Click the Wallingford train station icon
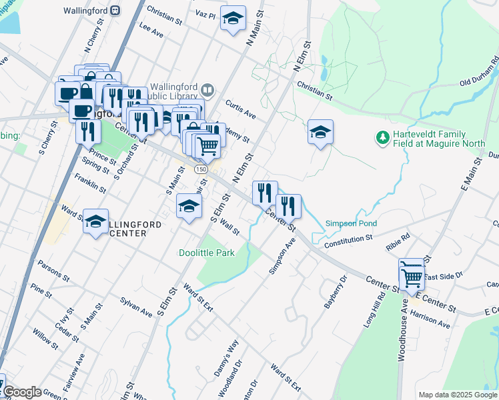pyautogui.click(x=116, y=11)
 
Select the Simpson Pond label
pyautogui.click(x=351, y=223)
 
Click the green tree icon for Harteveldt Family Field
pyautogui.click(x=383, y=137)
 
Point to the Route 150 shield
pyautogui.click(x=201, y=170)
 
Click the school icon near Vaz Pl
pyautogui.click(x=233, y=19)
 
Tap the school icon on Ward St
pyautogui.click(x=96, y=220)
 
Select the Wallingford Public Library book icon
pyautogui.click(x=208, y=89)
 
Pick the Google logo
pyautogui.click(x=22, y=392)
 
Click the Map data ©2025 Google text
pyautogui.click(x=458, y=395)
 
